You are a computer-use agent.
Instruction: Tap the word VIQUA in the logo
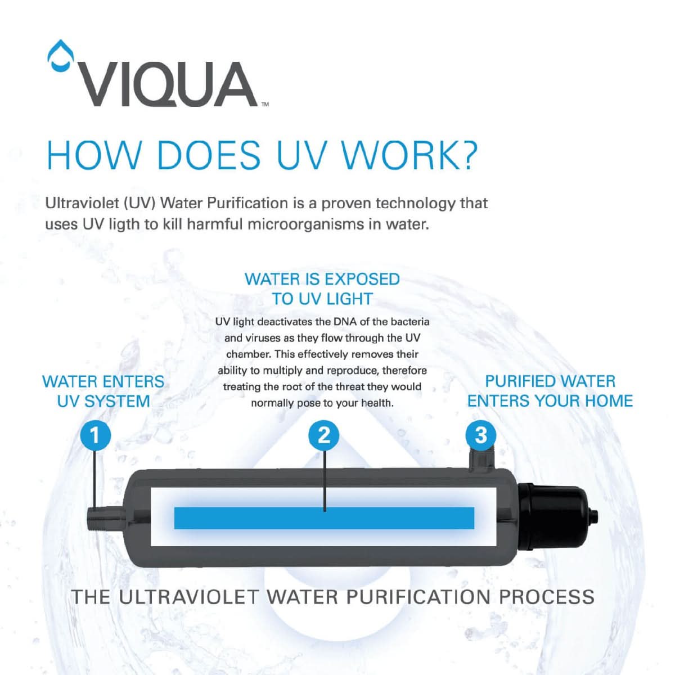click(x=166, y=85)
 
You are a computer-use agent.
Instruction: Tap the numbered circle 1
click(x=94, y=435)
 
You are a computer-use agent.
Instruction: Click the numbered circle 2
click(x=324, y=435)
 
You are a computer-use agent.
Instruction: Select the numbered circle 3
click(x=481, y=435)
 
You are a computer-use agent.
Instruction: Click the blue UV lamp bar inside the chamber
click(x=324, y=517)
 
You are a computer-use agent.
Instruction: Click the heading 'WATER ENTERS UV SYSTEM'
click(x=103, y=391)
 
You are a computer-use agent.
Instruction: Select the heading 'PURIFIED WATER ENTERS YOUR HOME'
click(x=550, y=391)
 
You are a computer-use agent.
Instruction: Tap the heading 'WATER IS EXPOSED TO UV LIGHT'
click(x=322, y=289)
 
